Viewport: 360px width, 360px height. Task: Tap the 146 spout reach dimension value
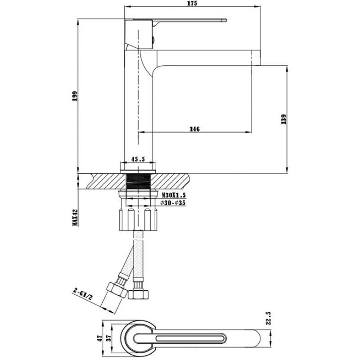(x=194, y=129)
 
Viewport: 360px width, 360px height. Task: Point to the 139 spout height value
(x=283, y=119)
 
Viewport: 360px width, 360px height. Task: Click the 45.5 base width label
(x=138, y=159)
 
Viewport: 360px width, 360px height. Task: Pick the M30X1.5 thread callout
(x=173, y=195)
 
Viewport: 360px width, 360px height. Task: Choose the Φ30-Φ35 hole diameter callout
(x=173, y=203)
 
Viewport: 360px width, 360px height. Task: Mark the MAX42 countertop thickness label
(x=75, y=217)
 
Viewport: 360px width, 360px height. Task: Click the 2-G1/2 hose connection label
(x=82, y=294)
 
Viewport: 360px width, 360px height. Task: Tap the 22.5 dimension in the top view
(x=269, y=318)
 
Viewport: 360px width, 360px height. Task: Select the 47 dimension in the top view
(x=99, y=338)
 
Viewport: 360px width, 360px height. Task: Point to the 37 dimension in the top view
(x=109, y=337)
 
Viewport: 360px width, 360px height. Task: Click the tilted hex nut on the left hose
(x=117, y=290)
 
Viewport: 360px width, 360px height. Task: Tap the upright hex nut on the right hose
(x=139, y=294)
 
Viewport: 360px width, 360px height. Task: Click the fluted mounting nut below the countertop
(x=138, y=219)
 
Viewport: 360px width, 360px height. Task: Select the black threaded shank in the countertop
(x=138, y=181)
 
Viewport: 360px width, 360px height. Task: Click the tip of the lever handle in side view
(x=226, y=20)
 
